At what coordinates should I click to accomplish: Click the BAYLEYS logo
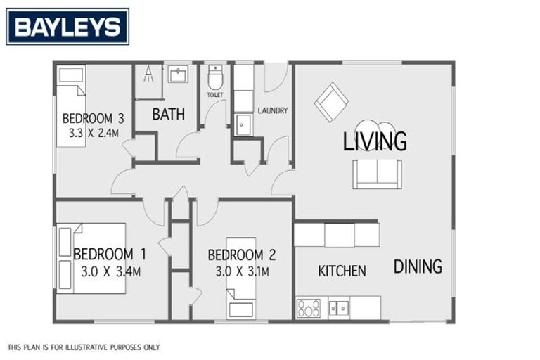point(67,27)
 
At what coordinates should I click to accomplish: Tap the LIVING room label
point(375,141)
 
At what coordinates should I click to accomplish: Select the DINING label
point(418,266)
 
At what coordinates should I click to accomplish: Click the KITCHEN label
point(342,271)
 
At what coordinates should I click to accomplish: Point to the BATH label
point(169,114)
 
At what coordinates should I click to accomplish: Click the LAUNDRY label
point(273,110)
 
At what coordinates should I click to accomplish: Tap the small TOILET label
point(214,94)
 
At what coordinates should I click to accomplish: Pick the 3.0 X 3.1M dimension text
point(238,271)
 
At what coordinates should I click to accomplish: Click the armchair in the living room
point(330,102)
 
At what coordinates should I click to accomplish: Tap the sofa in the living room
point(378,174)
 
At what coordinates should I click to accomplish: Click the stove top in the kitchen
point(309,308)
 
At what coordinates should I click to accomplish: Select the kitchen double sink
point(339,308)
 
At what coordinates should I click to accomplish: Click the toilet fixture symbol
point(215,76)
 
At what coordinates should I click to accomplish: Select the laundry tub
point(243,124)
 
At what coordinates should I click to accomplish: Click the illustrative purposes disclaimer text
point(84,347)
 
